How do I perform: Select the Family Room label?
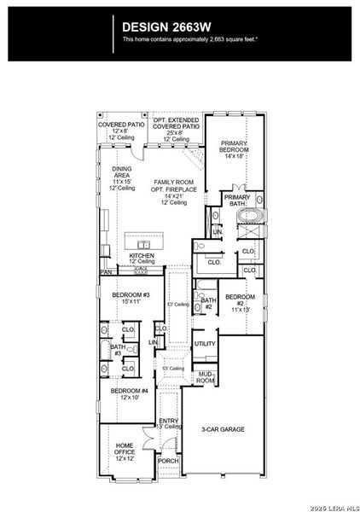170,193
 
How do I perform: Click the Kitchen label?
141,258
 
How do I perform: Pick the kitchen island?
148,239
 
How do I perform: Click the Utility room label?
205,344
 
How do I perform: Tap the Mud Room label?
205,376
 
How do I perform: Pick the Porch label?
168,484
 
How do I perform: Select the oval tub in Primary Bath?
250,227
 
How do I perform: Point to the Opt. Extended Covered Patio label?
176,131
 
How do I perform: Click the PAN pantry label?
106,271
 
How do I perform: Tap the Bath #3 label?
117,350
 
